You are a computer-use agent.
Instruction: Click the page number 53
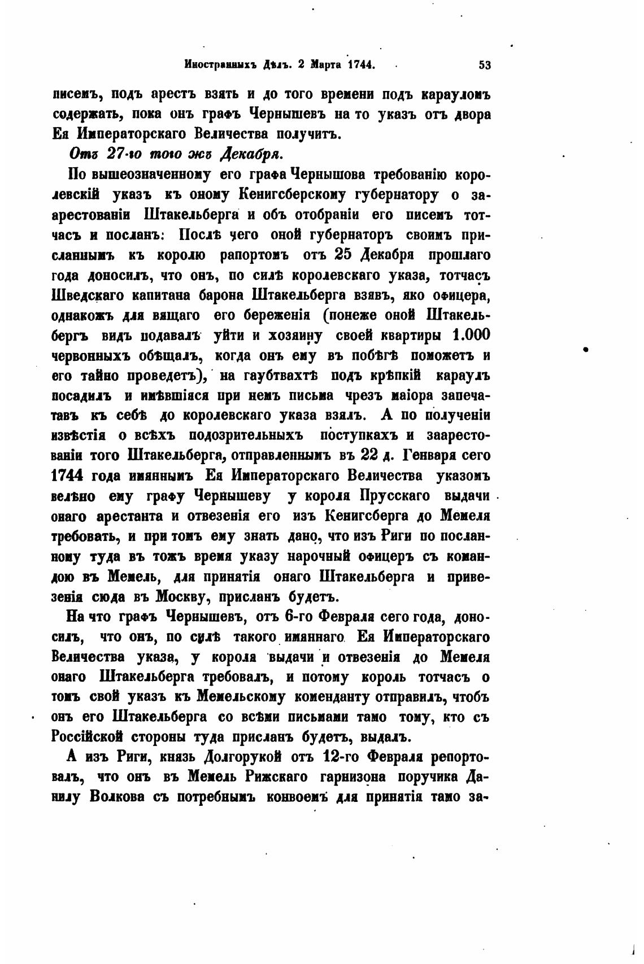(x=485, y=64)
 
